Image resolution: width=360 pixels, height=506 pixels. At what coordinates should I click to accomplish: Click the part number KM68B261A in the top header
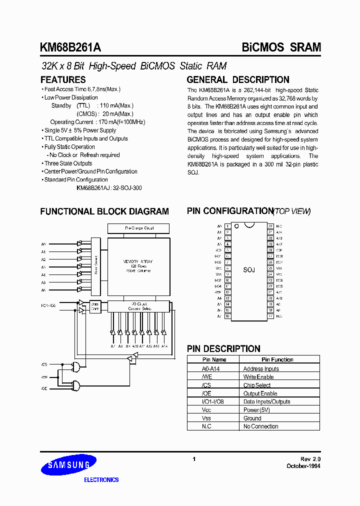click(70, 47)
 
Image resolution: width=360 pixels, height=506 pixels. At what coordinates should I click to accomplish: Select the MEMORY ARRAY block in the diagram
click(137, 265)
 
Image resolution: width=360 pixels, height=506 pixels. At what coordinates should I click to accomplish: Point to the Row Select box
click(95, 265)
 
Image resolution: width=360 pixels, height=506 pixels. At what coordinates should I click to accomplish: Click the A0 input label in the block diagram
click(43, 244)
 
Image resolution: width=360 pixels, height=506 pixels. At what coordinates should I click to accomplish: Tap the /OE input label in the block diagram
click(43, 388)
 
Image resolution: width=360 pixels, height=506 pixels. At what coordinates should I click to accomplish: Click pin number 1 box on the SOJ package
click(227, 226)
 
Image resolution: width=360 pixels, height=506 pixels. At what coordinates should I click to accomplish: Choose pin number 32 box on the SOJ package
click(270, 226)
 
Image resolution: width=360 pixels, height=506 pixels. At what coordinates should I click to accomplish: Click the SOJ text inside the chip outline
click(249, 270)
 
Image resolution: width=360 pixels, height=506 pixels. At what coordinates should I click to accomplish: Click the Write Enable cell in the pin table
click(258, 377)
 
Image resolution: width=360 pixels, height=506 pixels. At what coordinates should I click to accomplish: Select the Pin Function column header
click(277, 359)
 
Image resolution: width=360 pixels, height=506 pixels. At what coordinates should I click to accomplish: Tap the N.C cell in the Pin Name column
click(206, 426)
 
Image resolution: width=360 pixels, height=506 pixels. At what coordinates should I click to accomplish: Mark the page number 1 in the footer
click(193, 459)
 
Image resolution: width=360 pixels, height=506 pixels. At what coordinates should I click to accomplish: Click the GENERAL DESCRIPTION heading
click(237, 79)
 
